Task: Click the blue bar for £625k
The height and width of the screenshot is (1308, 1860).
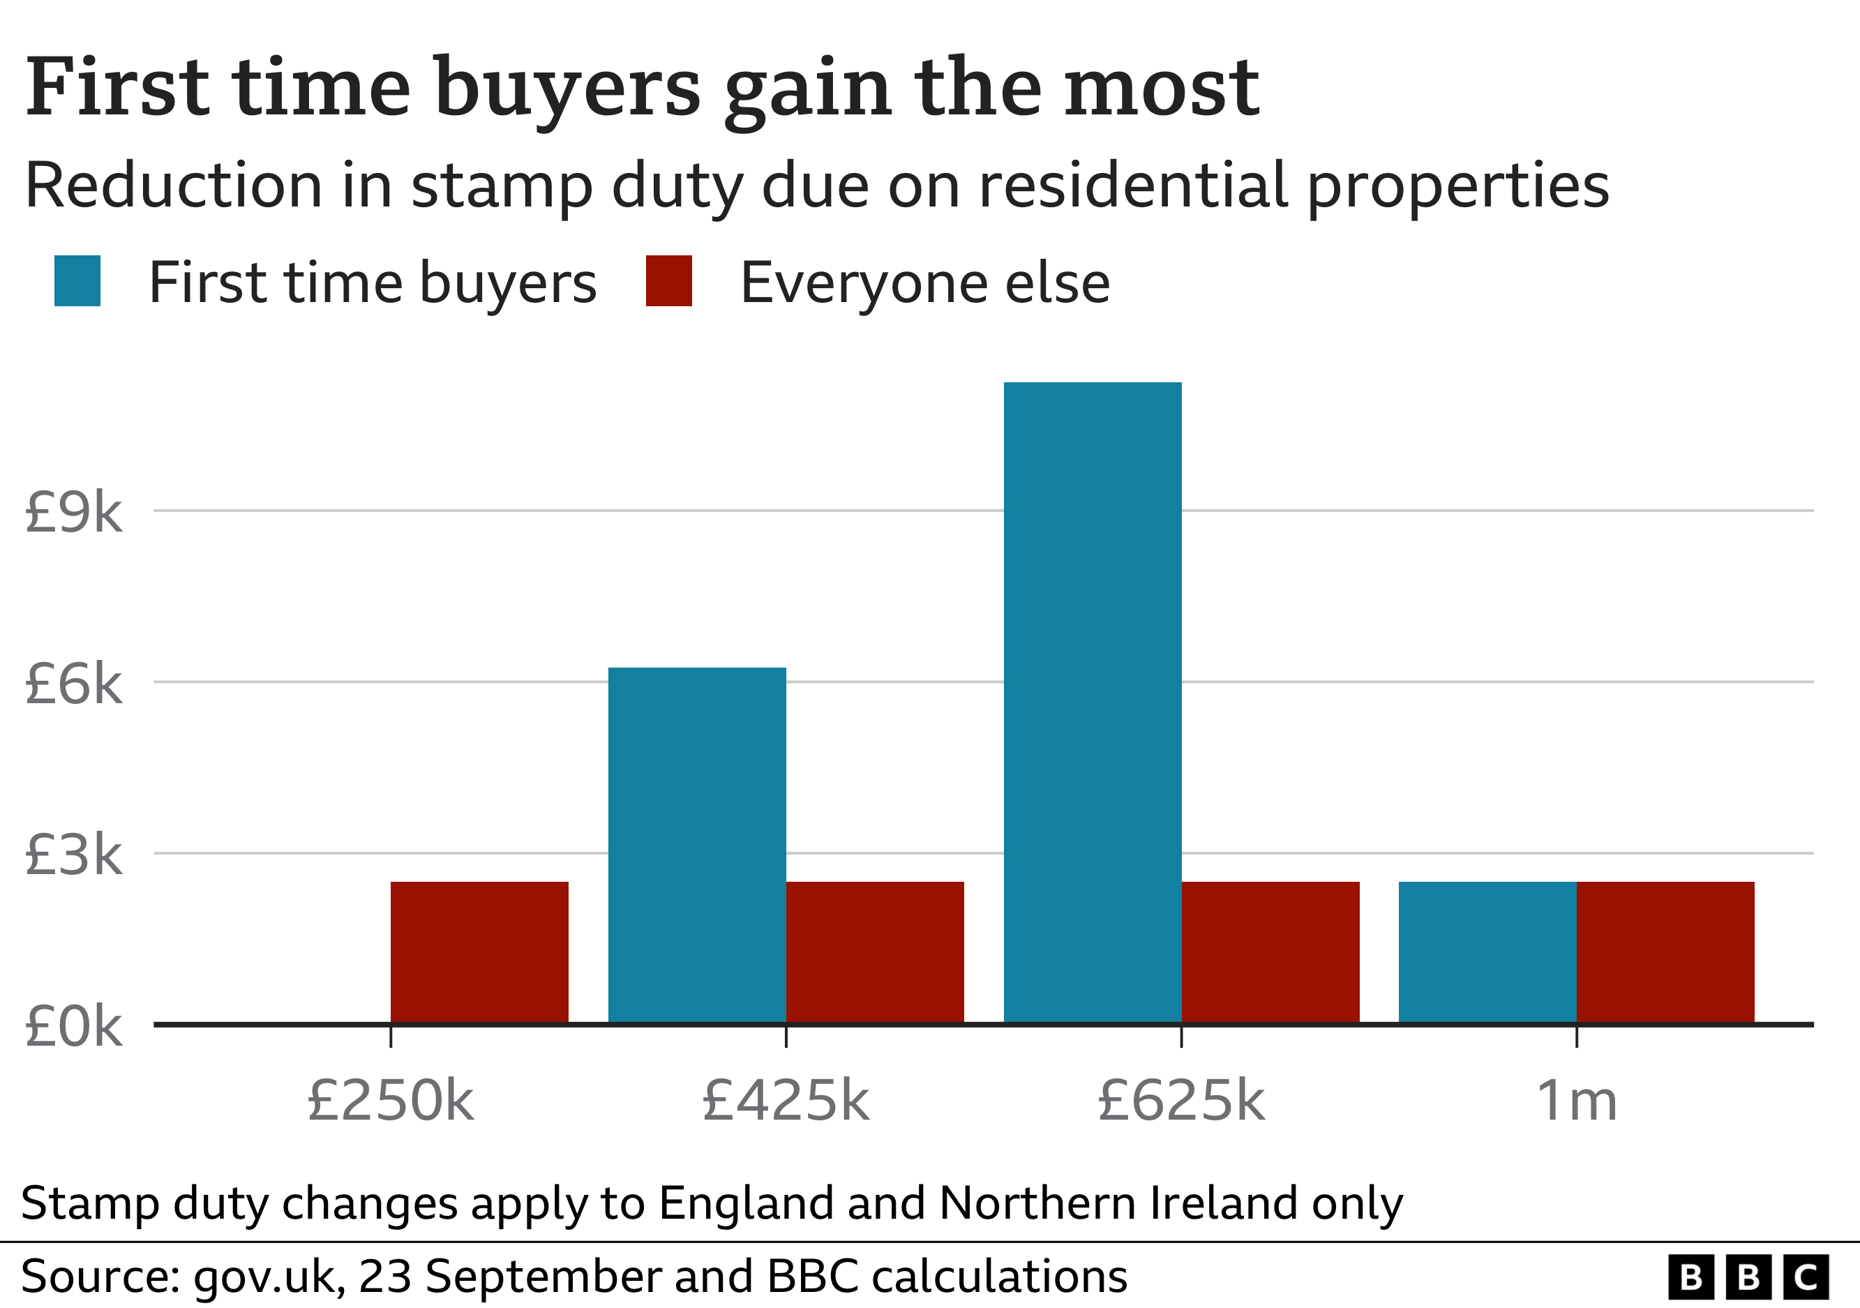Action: [x=1092, y=702]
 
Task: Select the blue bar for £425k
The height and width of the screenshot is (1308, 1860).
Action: [x=697, y=845]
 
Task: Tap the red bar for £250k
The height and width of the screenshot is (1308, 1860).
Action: [x=479, y=952]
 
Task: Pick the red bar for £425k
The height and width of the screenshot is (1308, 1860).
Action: [x=875, y=952]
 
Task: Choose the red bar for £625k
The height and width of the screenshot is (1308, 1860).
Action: [x=1270, y=952]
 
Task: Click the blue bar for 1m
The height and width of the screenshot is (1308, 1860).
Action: [x=1487, y=952]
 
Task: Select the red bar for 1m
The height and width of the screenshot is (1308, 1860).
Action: [x=1665, y=952]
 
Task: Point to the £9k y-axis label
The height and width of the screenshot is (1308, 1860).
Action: [x=74, y=512]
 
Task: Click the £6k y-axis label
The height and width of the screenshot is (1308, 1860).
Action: [x=74, y=684]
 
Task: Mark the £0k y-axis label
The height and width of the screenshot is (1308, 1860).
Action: [x=74, y=1026]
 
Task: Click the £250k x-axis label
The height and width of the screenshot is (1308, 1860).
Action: [x=391, y=1101]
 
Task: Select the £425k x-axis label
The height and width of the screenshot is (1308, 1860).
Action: [x=786, y=1101]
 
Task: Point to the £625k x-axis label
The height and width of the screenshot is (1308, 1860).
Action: [x=1181, y=1101]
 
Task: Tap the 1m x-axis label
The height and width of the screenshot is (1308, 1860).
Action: [x=1577, y=1101]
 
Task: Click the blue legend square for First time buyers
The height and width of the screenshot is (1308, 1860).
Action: [x=77, y=281]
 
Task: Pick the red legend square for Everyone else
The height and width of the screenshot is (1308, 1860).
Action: [x=668, y=281]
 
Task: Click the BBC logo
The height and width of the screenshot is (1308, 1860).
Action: [x=1748, y=1277]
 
